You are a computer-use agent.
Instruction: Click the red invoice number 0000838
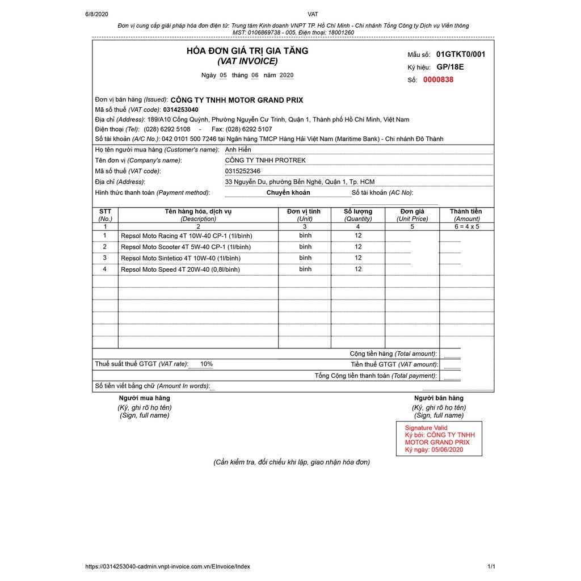438,80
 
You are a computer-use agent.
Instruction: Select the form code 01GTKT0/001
461,54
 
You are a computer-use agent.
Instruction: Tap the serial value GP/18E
450,67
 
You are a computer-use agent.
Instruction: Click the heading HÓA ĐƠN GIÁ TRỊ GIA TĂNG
247,51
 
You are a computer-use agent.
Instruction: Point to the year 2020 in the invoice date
287,75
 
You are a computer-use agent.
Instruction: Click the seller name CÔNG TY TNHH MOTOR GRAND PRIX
237,100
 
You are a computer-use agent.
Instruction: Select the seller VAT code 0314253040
180,110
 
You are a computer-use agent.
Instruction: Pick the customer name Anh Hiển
238,150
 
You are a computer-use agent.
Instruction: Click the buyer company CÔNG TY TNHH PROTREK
265,161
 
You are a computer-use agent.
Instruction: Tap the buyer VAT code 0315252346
243,171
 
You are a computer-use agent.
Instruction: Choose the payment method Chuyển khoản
288,193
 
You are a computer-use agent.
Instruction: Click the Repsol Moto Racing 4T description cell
186,236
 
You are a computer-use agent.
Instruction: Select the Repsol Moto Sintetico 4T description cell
180,259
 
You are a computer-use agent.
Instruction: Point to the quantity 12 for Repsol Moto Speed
358,270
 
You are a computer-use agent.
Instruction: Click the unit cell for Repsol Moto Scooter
305,247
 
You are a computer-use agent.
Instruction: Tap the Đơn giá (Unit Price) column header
412,214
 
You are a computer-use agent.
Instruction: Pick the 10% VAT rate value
207,364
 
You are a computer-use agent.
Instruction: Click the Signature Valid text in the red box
426,428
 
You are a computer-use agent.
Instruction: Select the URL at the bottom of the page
167,566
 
